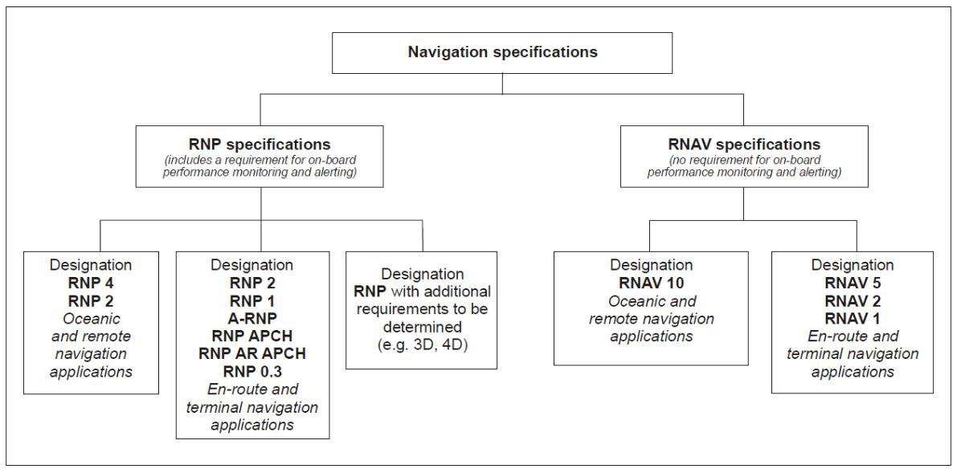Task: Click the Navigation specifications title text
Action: pyautogui.click(x=502, y=53)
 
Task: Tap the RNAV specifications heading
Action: pyautogui.click(x=742, y=145)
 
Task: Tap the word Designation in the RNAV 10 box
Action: pyautogui.click(x=650, y=266)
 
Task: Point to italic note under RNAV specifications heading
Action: pyautogui.click(x=742, y=165)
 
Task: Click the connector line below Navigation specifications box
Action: pyautogui.click(x=502, y=84)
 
